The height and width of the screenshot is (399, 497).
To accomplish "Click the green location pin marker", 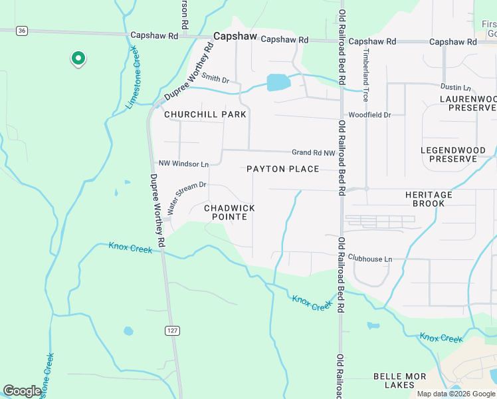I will click(x=78, y=59).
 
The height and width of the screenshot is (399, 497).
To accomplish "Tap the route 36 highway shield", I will click(x=23, y=31).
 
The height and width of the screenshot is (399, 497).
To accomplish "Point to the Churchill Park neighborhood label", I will click(x=205, y=114).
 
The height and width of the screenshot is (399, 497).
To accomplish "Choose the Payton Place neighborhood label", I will click(x=283, y=169).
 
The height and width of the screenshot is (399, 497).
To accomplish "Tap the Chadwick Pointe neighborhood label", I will click(x=229, y=213).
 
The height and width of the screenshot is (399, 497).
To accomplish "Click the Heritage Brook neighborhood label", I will click(x=429, y=199).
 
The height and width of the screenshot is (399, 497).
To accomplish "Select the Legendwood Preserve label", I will click(x=453, y=155).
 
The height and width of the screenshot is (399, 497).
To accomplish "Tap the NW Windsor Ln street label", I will click(x=183, y=164).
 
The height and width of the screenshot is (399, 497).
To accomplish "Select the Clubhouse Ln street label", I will click(x=370, y=258).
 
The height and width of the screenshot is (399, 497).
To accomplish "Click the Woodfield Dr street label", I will click(x=369, y=115).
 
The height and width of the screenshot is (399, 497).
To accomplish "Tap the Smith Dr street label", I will click(x=215, y=79).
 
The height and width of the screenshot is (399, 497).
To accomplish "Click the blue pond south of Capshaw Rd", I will click(x=278, y=82).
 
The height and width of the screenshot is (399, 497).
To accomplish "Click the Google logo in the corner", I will click(x=22, y=391).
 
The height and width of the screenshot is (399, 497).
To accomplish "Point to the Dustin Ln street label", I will click(x=455, y=87).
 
